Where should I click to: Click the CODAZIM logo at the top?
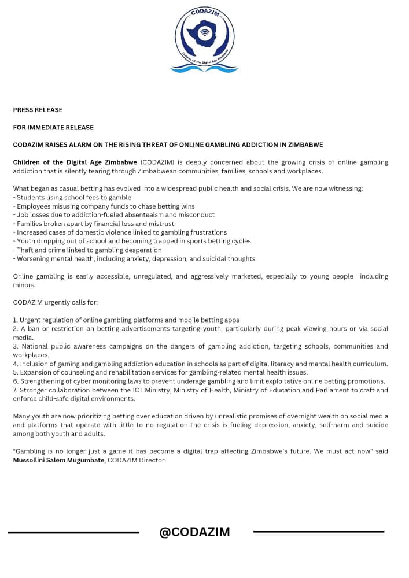point(204,39)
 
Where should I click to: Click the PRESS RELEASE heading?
point(38,110)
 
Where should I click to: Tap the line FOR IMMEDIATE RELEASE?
point(53,127)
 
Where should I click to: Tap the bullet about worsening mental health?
point(134,258)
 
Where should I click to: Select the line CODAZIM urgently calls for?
point(54,302)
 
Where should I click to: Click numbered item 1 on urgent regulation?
point(126,320)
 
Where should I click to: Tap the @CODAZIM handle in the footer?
point(194,532)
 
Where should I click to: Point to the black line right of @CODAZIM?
point(318,531)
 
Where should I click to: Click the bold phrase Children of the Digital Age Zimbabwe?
point(75,162)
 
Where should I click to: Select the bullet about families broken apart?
point(93,224)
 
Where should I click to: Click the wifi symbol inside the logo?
point(204,33)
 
